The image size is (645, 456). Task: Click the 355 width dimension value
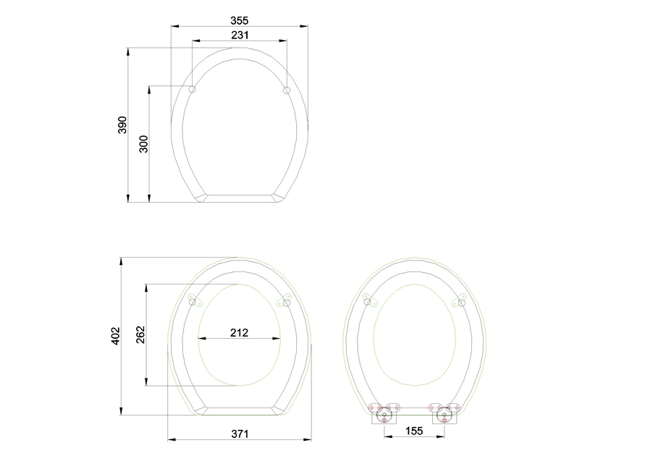click(x=240, y=20)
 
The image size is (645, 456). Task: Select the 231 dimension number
click(x=240, y=35)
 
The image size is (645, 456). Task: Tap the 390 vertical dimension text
click(x=122, y=124)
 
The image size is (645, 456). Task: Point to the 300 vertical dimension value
click(x=143, y=144)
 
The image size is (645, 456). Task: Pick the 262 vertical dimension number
click(x=141, y=334)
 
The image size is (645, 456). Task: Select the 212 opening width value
click(x=240, y=333)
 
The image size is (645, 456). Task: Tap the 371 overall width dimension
click(x=240, y=434)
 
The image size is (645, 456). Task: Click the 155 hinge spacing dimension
click(x=413, y=431)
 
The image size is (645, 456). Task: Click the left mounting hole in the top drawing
click(x=193, y=90)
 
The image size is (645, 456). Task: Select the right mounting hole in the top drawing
click(x=287, y=90)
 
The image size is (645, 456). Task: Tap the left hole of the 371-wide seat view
click(x=193, y=302)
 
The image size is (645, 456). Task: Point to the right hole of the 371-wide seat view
click(x=287, y=303)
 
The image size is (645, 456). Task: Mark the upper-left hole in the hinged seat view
click(x=368, y=302)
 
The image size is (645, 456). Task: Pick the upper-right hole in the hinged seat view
click(x=461, y=303)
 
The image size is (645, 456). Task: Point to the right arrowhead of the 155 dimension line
click(x=441, y=437)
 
